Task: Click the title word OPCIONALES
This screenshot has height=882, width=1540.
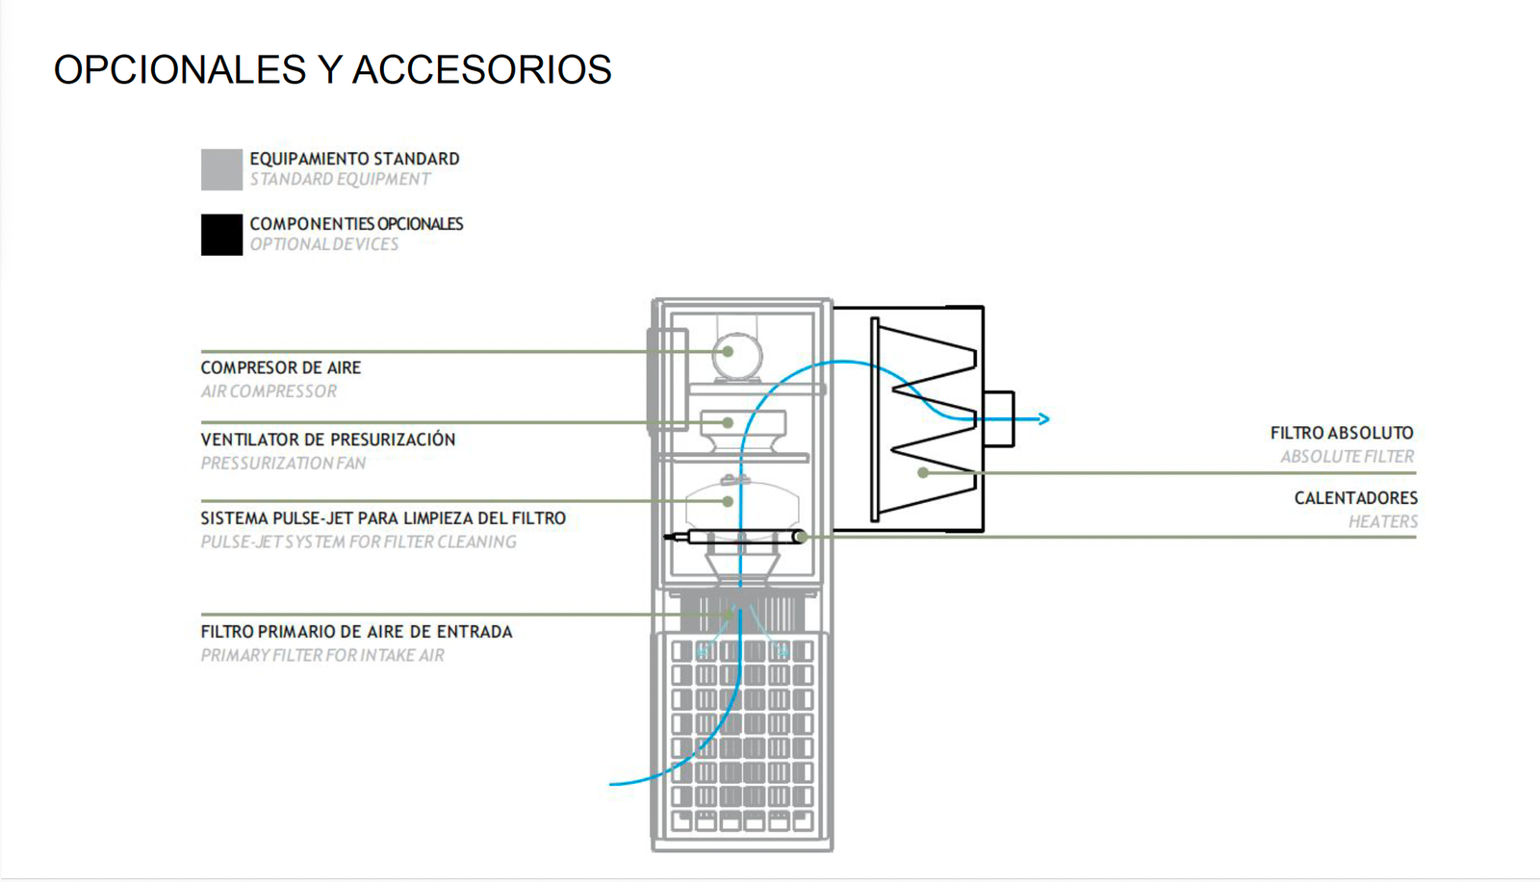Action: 179,70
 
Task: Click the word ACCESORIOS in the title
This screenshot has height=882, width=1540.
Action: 481,70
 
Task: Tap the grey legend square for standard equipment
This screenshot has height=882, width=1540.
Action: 221,169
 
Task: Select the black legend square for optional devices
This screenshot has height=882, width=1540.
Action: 221,235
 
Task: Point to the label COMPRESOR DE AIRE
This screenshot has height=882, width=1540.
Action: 281,367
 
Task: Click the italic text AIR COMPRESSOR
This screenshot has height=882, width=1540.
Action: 269,391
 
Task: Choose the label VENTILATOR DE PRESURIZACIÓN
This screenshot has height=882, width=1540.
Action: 328,440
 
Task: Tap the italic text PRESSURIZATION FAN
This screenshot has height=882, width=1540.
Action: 283,464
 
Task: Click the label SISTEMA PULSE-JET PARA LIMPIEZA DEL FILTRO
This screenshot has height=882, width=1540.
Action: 383,518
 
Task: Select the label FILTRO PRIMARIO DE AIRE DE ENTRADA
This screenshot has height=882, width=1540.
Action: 356,632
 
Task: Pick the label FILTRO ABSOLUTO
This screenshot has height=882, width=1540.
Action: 1342,434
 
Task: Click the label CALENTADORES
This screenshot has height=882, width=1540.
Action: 1355,498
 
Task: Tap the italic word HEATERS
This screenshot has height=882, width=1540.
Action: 1383,522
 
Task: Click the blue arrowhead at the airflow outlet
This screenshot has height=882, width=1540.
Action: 1043,418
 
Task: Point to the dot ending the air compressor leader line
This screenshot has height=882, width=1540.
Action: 729,352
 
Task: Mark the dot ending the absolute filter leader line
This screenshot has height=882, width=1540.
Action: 923,473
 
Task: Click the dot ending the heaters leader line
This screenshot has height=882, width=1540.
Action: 801,537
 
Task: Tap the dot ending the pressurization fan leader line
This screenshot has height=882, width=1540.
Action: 729,422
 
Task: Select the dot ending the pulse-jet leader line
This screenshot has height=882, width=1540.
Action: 729,501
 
